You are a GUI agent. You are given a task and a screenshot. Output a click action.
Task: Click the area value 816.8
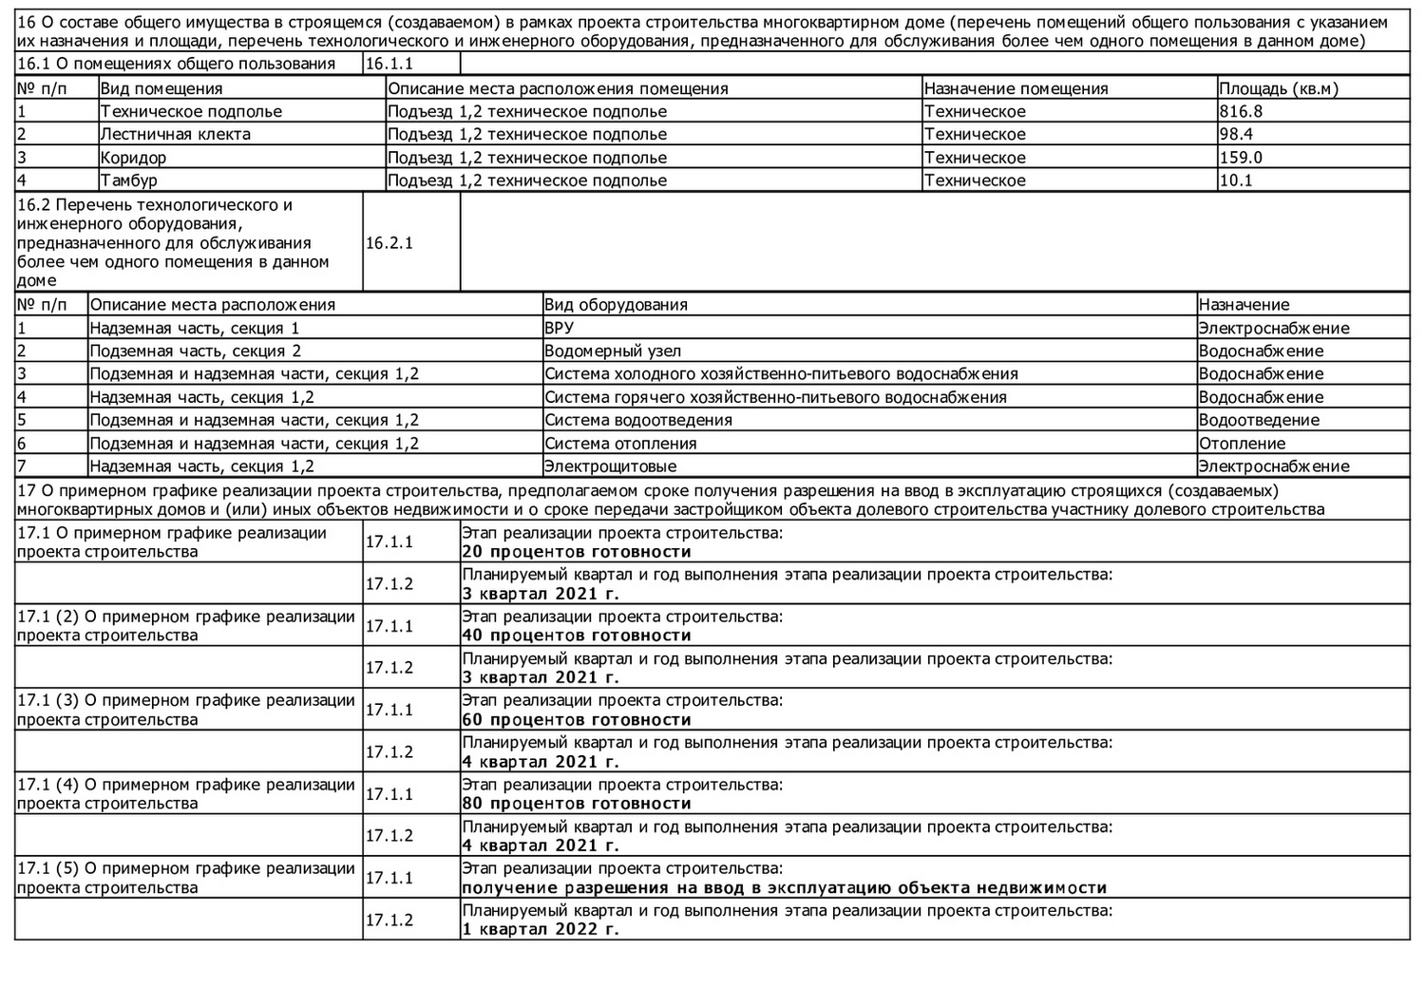(x=1241, y=111)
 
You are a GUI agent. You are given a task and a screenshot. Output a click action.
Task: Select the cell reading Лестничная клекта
(x=176, y=134)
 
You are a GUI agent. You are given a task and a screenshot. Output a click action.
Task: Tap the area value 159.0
(x=1241, y=158)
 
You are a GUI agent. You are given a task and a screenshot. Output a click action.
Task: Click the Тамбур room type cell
(x=129, y=180)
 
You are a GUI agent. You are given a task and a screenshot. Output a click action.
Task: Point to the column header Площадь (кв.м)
(x=1278, y=88)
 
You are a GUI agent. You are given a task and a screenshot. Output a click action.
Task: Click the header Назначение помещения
(x=1016, y=88)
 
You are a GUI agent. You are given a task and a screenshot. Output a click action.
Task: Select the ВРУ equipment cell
(x=560, y=329)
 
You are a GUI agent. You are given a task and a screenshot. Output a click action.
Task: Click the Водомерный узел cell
(x=613, y=351)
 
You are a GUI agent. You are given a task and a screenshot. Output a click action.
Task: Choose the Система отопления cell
(x=620, y=444)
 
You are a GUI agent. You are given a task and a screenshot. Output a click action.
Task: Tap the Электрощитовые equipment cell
(x=610, y=466)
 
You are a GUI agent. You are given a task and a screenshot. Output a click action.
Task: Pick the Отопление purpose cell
(x=1242, y=444)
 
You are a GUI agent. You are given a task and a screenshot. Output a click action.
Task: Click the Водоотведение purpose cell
(x=1259, y=420)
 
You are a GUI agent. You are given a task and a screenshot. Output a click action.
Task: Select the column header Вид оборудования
(x=616, y=305)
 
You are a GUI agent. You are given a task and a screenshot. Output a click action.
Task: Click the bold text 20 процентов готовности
(x=577, y=552)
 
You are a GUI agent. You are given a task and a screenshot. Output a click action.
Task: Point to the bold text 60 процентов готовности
(x=577, y=720)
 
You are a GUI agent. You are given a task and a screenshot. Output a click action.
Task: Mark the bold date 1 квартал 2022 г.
(x=541, y=929)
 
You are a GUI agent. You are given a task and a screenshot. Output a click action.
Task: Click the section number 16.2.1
(x=389, y=243)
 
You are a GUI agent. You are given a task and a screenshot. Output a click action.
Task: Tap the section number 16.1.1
(x=389, y=64)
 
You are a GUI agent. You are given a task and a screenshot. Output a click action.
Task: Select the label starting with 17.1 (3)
(x=186, y=710)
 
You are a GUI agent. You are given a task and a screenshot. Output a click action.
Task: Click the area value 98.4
(x=1236, y=134)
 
